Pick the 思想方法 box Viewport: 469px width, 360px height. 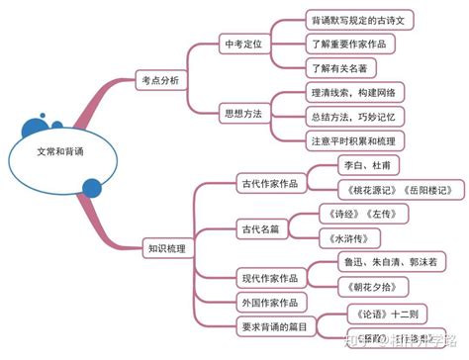click(242, 114)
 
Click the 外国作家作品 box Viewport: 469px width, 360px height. click(270, 301)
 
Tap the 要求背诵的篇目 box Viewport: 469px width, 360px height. click(274, 324)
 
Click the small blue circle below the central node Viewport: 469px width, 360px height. click(92, 188)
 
